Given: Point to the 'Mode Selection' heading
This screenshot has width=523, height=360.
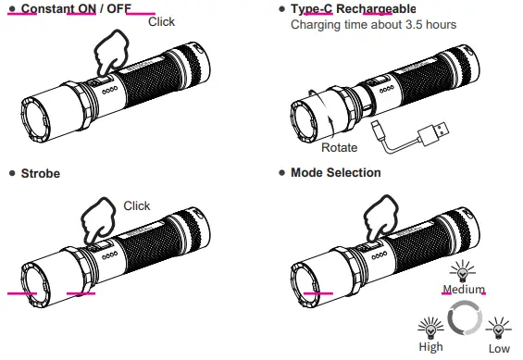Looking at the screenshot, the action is tap(335, 173).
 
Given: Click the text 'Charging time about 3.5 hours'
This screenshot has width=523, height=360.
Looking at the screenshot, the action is tap(373, 25).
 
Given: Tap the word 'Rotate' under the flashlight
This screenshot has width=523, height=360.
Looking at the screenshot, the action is tap(339, 148).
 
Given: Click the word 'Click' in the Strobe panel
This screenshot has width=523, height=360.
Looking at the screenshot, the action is tap(136, 205).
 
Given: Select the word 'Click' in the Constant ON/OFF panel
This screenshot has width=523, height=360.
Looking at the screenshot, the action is tap(161, 21).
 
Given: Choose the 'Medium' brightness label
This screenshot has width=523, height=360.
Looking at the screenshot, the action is tap(464, 289).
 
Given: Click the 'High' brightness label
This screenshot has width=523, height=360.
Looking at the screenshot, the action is tap(430, 347).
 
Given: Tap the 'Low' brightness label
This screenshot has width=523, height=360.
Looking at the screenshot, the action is tap(498, 347).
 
